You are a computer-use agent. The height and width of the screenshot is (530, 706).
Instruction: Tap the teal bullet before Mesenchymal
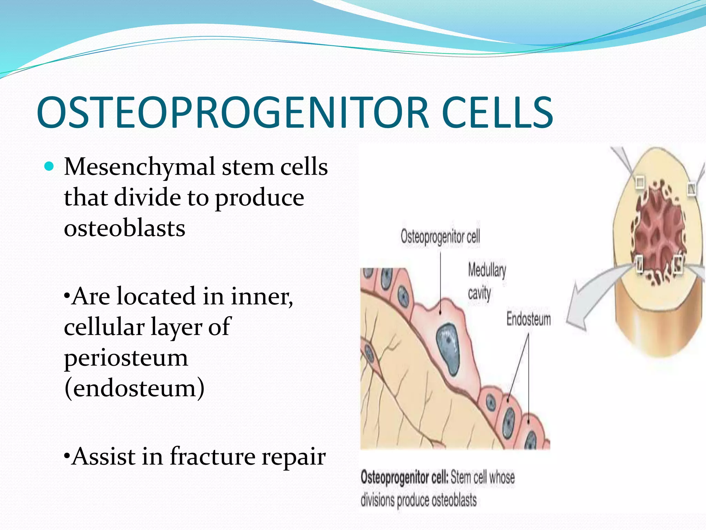(x=50, y=167)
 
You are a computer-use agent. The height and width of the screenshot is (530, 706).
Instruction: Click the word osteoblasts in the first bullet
(x=124, y=228)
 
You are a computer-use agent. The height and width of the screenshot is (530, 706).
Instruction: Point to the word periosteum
(x=126, y=358)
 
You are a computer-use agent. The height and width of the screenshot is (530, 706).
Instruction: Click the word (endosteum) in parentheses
(x=134, y=388)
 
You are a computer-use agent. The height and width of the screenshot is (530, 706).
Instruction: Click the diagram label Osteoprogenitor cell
(x=440, y=237)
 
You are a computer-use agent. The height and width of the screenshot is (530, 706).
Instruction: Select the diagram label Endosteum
(x=528, y=319)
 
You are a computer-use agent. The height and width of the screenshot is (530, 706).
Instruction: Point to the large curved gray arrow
(x=586, y=304)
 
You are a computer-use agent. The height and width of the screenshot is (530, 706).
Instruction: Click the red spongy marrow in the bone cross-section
(x=658, y=231)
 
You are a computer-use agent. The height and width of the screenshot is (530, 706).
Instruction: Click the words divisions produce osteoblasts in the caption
(x=418, y=500)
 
